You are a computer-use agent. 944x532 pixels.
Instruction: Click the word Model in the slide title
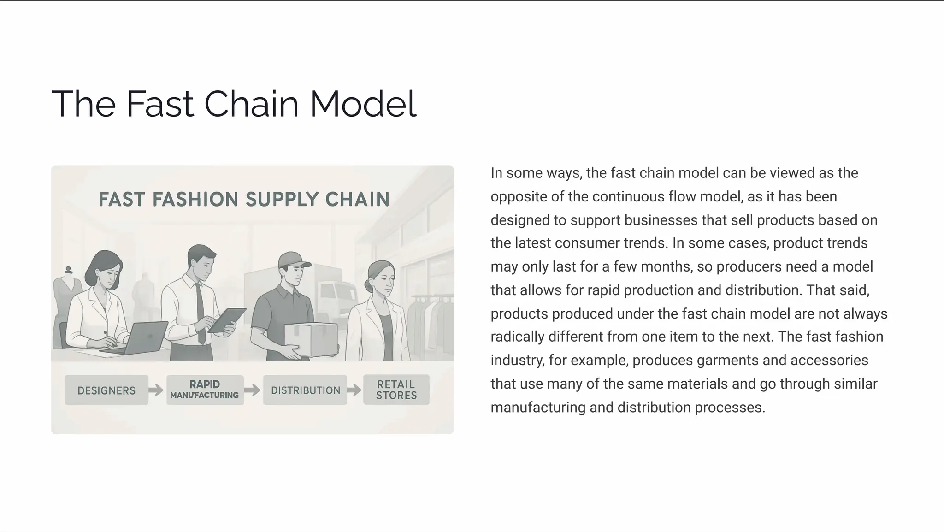pyautogui.click(x=363, y=104)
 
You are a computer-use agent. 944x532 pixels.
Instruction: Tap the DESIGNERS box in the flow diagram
pyautogui.click(x=106, y=390)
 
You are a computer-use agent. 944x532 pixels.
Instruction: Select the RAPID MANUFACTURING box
pyautogui.click(x=205, y=390)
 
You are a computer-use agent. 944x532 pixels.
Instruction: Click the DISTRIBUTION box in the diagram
pyautogui.click(x=305, y=390)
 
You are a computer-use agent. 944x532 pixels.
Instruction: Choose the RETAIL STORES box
pyautogui.click(x=396, y=390)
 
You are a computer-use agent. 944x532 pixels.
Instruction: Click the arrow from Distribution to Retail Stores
pyautogui.click(x=354, y=390)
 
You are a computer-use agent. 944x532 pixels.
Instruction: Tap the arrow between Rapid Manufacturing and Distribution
pyautogui.click(x=253, y=390)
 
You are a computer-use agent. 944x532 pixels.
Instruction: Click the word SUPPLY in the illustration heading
pyautogui.click(x=282, y=200)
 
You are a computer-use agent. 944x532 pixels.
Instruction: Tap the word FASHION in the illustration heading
pyautogui.click(x=195, y=200)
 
